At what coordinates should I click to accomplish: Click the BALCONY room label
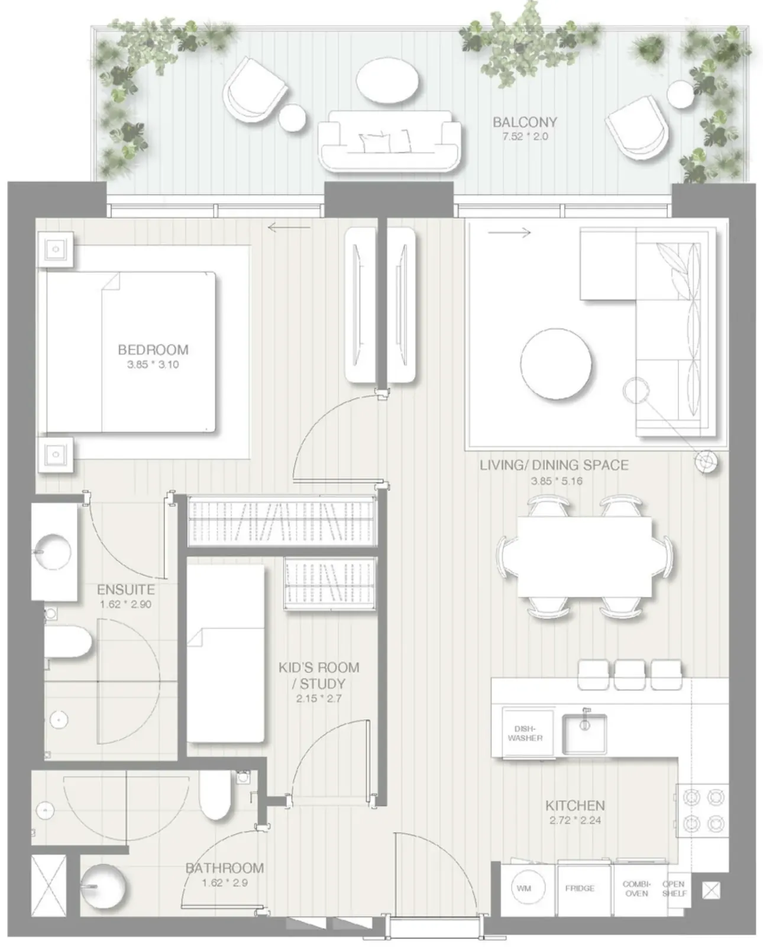point(525,121)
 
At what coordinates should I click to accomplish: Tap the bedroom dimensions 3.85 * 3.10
point(153,365)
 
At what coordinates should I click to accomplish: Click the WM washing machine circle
point(524,888)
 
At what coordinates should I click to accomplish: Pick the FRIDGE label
point(580,888)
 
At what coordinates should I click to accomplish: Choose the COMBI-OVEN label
point(636,888)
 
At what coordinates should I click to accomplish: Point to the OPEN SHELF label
point(674,888)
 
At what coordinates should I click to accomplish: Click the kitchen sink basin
point(584,734)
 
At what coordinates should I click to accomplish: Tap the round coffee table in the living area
point(556,364)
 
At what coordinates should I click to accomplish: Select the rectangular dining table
point(585,557)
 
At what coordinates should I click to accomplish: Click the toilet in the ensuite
point(68,642)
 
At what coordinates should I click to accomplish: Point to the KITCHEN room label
point(575,806)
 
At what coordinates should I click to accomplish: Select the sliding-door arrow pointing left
point(289,227)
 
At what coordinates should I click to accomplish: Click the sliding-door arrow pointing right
point(509,232)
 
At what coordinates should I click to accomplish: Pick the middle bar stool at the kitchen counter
point(629,675)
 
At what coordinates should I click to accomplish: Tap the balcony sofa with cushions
point(390,141)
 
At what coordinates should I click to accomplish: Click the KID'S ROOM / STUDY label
point(319,675)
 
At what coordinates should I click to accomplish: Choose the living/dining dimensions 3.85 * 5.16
point(557,481)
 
